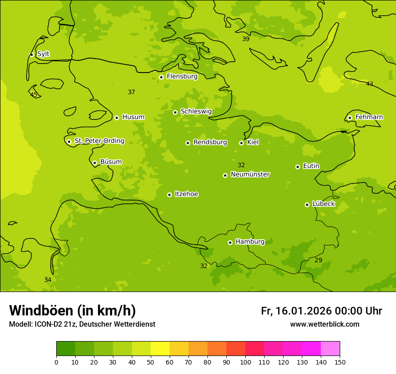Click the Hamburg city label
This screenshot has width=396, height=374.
tap(250, 242)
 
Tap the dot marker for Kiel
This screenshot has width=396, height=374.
tap(241, 143)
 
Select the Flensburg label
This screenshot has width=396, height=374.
tap(182, 77)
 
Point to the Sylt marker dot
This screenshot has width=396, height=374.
tap(31, 55)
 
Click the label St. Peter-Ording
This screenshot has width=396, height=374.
tap(99, 141)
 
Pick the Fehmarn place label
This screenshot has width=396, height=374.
tap(369, 117)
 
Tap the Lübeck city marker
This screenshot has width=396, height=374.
tap(307, 205)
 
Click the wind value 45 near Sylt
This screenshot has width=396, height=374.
tap(34, 95)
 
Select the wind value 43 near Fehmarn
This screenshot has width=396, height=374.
tap(369, 84)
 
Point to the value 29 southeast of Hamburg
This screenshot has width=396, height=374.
tap(318, 260)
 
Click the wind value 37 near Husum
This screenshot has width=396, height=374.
tap(131, 92)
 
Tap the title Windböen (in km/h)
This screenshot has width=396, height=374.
tap(72, 310)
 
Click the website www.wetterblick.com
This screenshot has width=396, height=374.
tap(324, 324)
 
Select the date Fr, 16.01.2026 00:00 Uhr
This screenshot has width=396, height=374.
tap(321, 311)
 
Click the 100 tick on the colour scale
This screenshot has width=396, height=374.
tap(245, 362)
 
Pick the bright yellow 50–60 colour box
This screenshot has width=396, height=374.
tap(160, 349)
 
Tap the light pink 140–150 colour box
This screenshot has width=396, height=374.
tap(330, 349)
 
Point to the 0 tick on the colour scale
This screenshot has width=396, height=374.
tap(56, 362)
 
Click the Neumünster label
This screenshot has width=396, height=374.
tap(250, 174)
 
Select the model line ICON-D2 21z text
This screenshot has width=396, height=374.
tap(82, 324)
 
